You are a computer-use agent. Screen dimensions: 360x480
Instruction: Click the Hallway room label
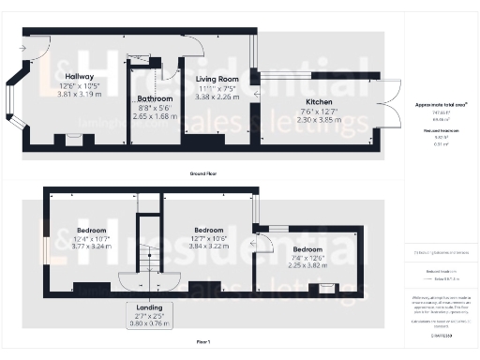pyautogui.click(x=77, y=77)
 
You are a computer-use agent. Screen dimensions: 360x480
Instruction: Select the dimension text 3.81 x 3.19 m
pyautogui.click(x=77, y=95)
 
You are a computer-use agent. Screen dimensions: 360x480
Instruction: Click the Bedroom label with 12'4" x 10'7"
pyautogui.click(x=91, y=230)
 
